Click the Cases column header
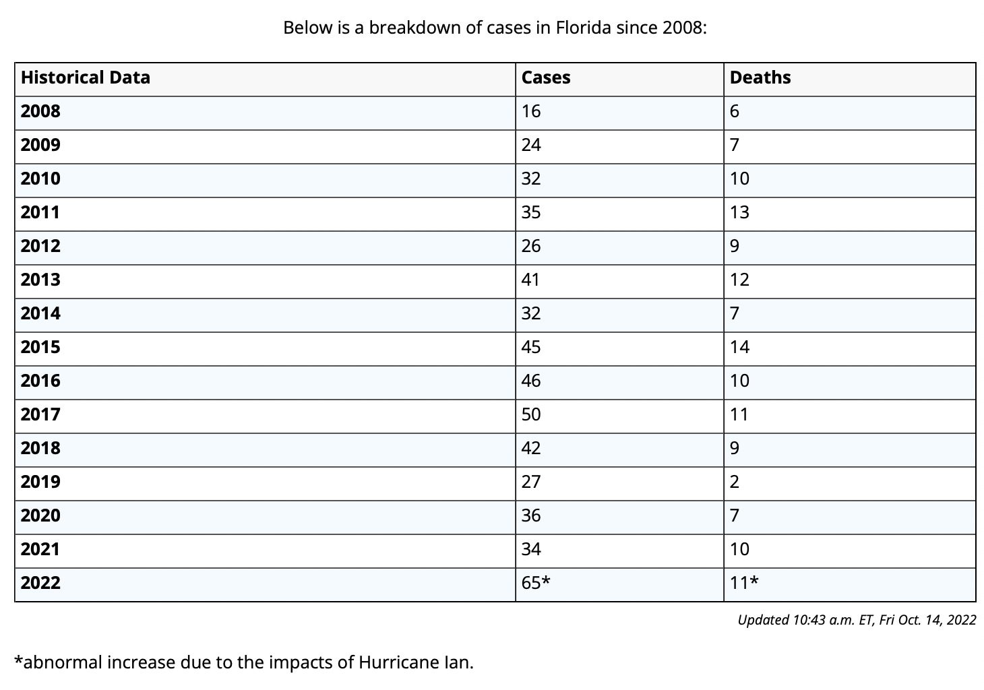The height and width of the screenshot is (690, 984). click(546, 77)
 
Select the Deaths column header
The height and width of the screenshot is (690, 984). click(760, 77)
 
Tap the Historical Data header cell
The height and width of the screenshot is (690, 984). click(85, 77)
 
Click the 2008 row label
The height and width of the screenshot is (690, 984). click(40, 111)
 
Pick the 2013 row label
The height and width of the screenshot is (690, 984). click(40, 280)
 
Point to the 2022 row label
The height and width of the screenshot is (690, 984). click(40, 583)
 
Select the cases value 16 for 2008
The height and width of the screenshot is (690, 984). click(530, 111)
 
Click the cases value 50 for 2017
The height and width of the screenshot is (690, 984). click(530, 414)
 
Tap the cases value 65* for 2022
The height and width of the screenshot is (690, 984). click(536, 583)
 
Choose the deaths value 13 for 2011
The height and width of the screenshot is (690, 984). click(739, 212)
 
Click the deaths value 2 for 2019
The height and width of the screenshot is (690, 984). click(735, 482)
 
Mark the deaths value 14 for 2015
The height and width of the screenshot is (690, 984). click(739, 347)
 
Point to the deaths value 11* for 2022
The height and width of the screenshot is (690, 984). click(743, 583)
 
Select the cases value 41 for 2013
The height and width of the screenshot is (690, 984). click(530, 280)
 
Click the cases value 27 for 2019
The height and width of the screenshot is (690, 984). click(530, 482)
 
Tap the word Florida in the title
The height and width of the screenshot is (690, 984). click(583, 28)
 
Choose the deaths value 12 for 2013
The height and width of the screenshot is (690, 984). click(739, 280)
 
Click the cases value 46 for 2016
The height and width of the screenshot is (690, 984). click(530, 381)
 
